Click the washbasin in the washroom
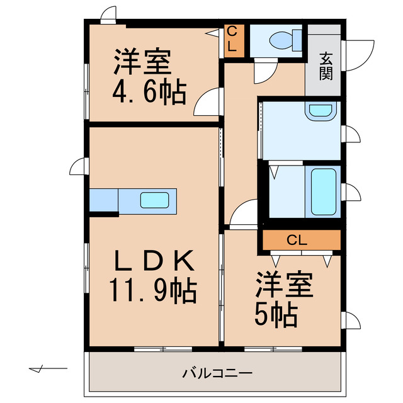pos(321,111)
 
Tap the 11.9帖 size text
pos(154,291)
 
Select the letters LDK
pos(155,260)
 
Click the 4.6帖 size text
pos(149,93)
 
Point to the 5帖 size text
pos(276,315)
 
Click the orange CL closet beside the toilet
pos(231,40)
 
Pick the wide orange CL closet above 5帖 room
pos(301,240)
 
